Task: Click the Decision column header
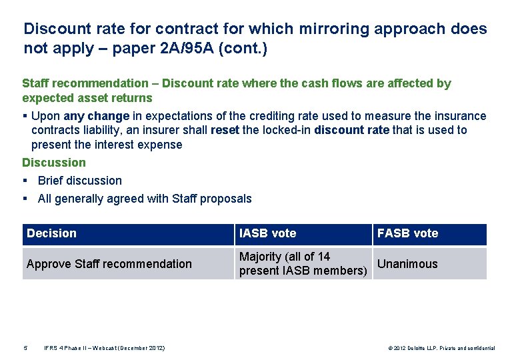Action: click(x=52, y=233)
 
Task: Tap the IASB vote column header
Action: click(x=268, y=233)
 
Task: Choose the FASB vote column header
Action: click(x=408, y=233)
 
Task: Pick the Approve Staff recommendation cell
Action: click(x=109, y=264)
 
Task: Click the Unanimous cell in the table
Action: click(x=408, y=264)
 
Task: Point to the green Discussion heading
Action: click(x=54, y=163)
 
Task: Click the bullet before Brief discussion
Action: click(x=25, y=181)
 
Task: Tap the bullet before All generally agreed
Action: click(x=25, y=199)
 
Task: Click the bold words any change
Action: click(x=97, y=116)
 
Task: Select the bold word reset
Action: click(x=225, y=130)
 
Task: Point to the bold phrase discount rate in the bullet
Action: click(x=352, y=130)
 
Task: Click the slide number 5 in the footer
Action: click(x=25, y=348)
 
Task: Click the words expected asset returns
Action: click(x=87, y=98)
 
